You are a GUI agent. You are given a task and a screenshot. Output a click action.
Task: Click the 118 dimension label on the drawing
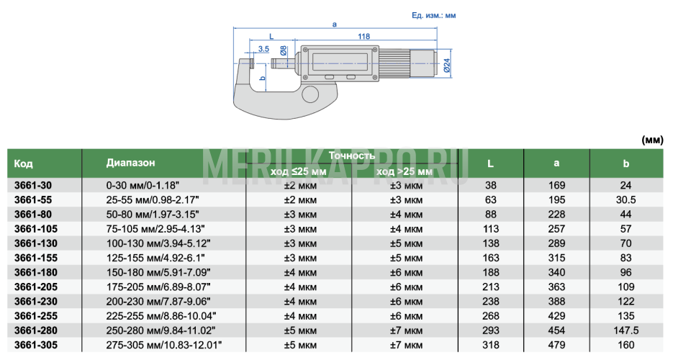pyautogui.click(x=364, y=37)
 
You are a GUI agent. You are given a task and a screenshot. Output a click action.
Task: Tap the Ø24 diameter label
pyautogui.click(x=447, y=65)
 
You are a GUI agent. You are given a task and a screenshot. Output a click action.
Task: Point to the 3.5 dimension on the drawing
pyautogui.click(x=263, y=49)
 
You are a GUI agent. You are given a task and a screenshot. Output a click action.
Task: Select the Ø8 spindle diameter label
pyautogui.click(x=284, y=50)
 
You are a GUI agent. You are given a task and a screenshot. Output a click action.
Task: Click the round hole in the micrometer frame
pyautogui.click(x=310, y=94)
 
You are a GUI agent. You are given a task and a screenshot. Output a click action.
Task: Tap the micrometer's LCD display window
pyautogui.click(x=340, y=63)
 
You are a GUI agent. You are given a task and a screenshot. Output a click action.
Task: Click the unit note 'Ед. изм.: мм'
pyautogui.click(x=433, y=15)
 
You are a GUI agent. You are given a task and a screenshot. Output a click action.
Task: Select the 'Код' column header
pyautogui.click(x=23, y=163)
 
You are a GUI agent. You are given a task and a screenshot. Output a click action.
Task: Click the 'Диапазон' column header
pyautogui.click(x=130, y=163)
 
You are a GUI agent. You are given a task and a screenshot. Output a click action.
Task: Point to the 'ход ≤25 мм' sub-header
pyautogui.click(x=298, y=171)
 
